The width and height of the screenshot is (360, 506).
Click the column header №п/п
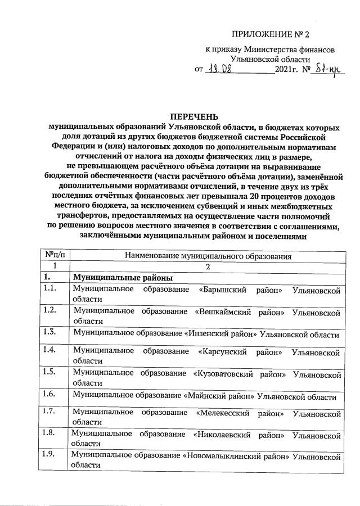53,255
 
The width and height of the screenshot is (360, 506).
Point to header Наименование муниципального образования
208,256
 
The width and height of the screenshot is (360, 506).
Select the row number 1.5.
49,371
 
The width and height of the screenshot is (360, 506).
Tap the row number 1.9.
49,454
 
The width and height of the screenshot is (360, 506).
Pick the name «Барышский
222,290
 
